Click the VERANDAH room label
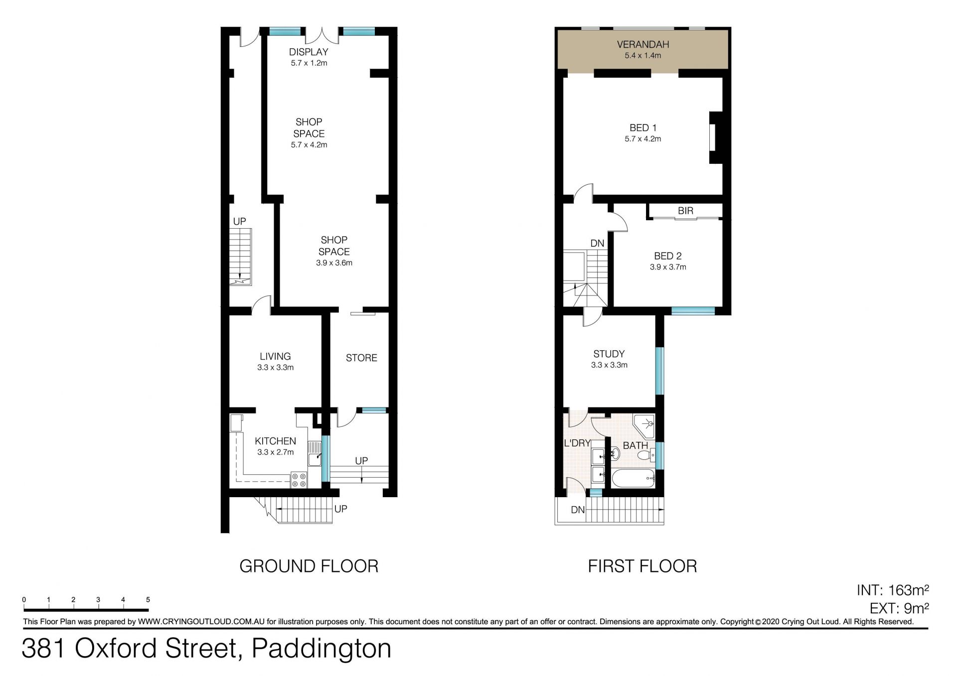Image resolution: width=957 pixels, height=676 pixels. tap(642, 44)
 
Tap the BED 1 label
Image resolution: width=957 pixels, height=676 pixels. tap(642, 128)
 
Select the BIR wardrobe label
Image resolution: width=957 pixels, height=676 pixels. tap(685, 211)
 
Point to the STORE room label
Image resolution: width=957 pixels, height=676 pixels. tap(361, 358)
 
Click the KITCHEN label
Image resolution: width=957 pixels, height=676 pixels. tap(275, 441)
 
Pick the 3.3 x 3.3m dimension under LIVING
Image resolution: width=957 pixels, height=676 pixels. tap(275, 368)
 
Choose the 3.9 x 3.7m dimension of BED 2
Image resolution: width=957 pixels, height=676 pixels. tap(668, 267)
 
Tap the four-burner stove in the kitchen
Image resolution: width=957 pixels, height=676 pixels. tap(299, 480)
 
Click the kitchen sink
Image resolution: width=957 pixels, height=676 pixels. tap(315, 454)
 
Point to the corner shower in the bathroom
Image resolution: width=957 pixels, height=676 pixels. tap(644, 425)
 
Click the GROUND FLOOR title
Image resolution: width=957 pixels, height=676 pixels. tap(309, 566)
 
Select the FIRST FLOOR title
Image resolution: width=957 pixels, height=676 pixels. tap(642, 566)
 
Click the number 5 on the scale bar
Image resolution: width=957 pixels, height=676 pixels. tap(148, 600)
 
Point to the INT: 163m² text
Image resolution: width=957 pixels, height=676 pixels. tap(893, 590)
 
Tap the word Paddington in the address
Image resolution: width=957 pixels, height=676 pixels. tap(321, 649)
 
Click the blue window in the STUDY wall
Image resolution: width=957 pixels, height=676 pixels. tap(659, 371)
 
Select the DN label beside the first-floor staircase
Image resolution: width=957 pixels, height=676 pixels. tap(597, 244)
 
